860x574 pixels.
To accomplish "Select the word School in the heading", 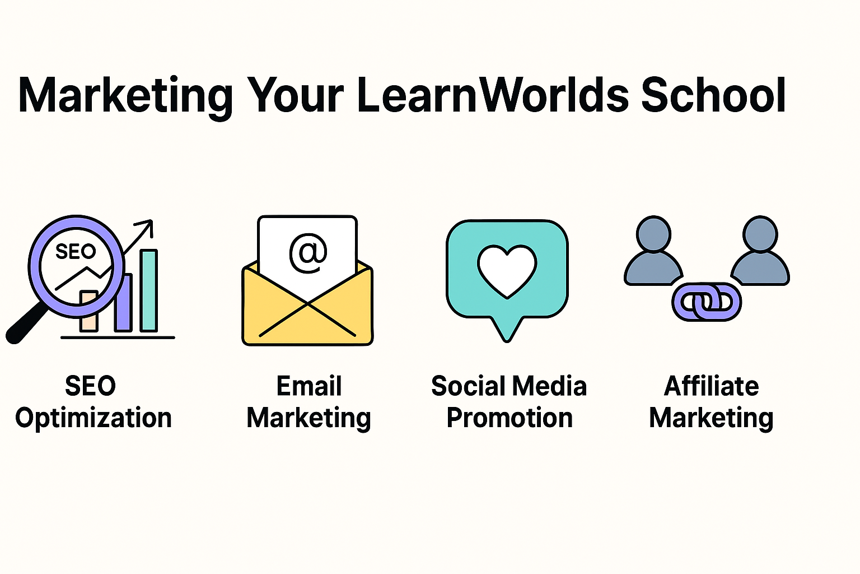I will coord(713,95).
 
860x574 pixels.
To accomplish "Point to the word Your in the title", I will coord(295,95).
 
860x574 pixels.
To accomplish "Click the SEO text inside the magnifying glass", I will coord(76,251).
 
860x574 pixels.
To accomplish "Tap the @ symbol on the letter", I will coord(307,253).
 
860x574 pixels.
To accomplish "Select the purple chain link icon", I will coord(707,302).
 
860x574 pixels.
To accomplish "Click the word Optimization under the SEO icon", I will coord(94,418).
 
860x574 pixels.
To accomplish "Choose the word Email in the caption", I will coord(309,386).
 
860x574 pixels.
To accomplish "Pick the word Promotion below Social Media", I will coord(510,418).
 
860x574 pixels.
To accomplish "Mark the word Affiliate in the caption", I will coord(711,386).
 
